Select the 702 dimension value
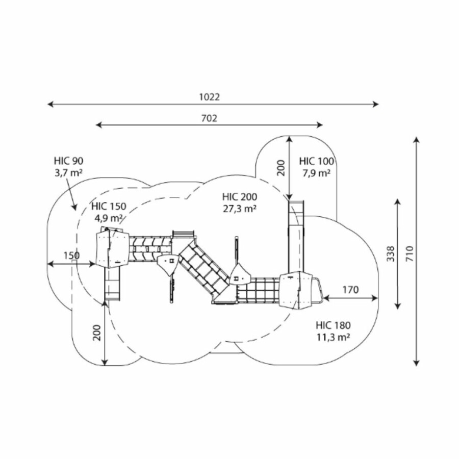pyautogui.click(x=209, y=118)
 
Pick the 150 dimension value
pyautogui.click(x=71, y=255)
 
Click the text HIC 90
pyautogui.click(x=68, y=161)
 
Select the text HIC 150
pyautogui.click(x=108, y=207)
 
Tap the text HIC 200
pyautogui.click(x=239, y=196)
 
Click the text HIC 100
pyautogui.click(x=317, y=161)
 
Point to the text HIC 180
pyautogui.click(x=333, y=325)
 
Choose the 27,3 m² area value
pyautogui.click(x=239, y=208)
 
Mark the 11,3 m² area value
pyautogui.click(x=333, y=336)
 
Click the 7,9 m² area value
pyautogui.click(x=316, y=173)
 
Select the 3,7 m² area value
pyautogui.click(x=68, y=173)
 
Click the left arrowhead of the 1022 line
pyautogui.click(x=49, y=105)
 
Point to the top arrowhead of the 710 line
pyautogui.click(x=417, y=139)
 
